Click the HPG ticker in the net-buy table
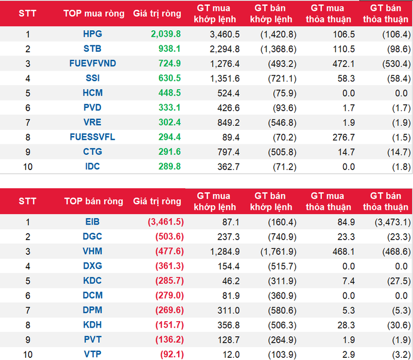[93, 34]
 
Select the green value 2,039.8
[166, 34]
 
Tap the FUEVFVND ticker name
[93, 63]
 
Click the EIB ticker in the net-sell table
[93, 221]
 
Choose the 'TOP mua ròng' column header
[93, 13]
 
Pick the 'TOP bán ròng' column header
[93, 201]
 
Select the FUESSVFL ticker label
[93, 137]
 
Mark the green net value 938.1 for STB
[170, 49]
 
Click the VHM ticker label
[93, 251]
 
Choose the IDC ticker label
[93, 166]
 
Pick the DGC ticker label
[93, 236]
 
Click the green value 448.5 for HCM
[170, 93]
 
